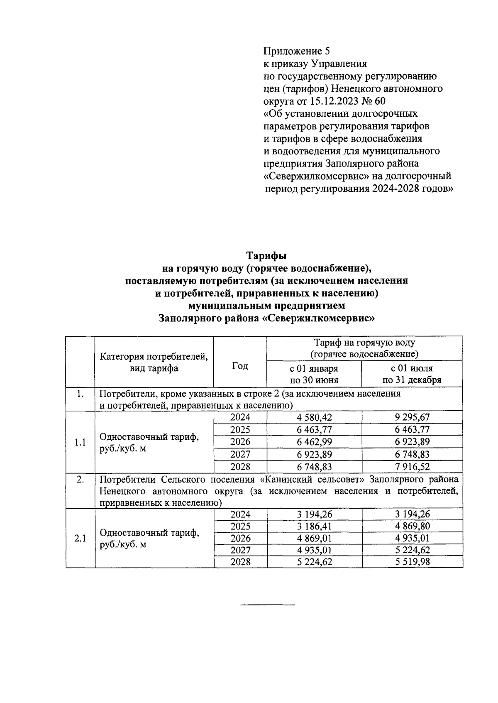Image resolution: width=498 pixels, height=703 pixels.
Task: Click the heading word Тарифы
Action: (267, 255)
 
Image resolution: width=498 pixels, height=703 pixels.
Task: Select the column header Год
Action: (240, 366)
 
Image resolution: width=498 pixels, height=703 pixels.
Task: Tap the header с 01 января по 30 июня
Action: (314, 374)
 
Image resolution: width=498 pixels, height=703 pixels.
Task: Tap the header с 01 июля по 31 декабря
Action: (412, 374)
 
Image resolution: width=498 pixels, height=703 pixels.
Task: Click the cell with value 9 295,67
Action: (412, 417)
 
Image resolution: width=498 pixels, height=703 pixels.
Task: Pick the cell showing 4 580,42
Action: (314, 417)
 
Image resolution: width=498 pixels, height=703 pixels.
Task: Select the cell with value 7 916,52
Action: (412, 467)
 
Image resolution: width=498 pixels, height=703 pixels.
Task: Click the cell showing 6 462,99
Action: (314, 442)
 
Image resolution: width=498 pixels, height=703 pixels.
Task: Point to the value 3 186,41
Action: (314, 526)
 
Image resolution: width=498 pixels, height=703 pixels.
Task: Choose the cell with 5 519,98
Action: (412, 562)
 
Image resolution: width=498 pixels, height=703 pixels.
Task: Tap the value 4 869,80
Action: (412, 526)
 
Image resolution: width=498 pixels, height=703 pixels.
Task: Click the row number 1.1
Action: (80, 442)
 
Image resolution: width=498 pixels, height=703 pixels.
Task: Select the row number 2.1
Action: (80, 538)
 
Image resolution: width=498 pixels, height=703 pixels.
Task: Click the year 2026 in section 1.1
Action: (240, 442)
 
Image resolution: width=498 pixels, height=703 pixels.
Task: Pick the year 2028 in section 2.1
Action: (240, 562)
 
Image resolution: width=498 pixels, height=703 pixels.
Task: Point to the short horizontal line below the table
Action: (267, 604)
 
